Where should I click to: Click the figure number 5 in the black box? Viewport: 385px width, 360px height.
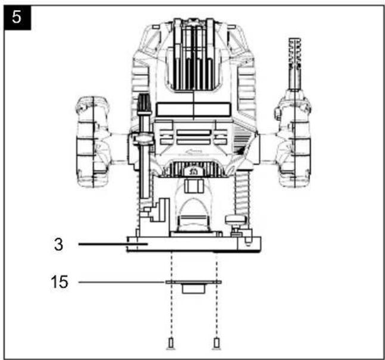pos(17,17)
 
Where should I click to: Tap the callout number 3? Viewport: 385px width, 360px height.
pos(58,244)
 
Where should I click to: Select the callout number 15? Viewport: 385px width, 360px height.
pos(60,282)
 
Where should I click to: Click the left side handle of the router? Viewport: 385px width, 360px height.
pos(94,142)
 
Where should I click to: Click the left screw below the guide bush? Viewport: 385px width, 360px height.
pos(170,343)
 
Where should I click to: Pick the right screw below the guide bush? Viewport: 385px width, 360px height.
pos(216,343)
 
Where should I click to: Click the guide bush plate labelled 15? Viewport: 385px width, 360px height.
pos(194,286)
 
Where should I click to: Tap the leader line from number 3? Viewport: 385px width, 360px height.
pos(113,244)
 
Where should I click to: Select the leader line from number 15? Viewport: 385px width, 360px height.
pos(122,282)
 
